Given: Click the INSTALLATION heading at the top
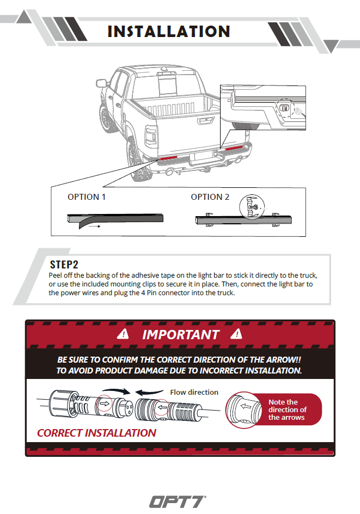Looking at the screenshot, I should (169, 31).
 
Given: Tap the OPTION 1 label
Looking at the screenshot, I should (87, 197).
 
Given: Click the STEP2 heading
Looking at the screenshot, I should (64, 265).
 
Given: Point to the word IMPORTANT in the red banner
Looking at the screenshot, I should (181, 334).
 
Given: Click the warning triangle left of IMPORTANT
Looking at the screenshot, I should (125, 333).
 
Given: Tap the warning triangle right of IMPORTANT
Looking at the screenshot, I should (236, 333).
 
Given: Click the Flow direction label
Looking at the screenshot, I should (194, 392).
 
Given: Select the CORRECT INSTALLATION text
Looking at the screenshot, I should (96, 433).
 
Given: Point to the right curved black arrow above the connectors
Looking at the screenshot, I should (148, 391).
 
